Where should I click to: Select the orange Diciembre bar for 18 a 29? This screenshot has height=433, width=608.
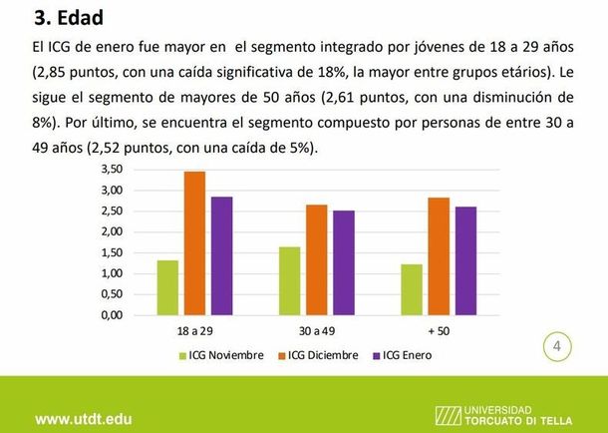tap(194, 243)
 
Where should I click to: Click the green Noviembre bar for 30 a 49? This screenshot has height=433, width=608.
tap(289, 280)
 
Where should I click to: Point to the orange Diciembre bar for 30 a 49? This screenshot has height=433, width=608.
tap(315, 259)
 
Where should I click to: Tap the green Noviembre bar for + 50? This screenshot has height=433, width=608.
tap(411, 289)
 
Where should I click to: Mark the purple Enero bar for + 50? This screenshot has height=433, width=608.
tap(463, 260)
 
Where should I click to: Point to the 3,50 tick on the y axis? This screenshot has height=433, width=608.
tap(112, 170)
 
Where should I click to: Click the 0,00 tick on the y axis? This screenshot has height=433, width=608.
tap(112, 315)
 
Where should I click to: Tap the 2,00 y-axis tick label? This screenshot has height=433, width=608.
tap(112, 232)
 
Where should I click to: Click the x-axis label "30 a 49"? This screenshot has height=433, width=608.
tap(316, 330)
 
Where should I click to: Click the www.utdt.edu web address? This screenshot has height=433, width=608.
tap(84, 418)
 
